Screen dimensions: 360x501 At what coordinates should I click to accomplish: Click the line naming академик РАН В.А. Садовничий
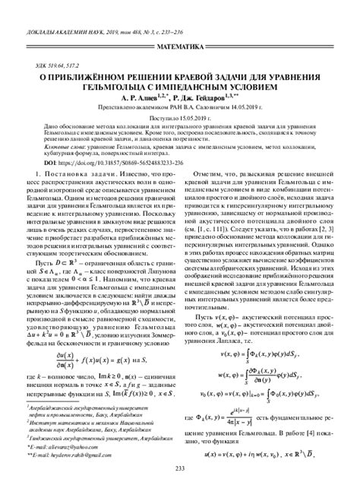[x=179, y=109]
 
